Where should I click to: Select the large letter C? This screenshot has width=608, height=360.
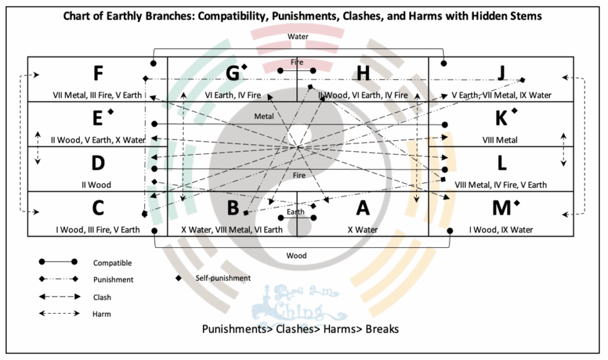tap(99, 208)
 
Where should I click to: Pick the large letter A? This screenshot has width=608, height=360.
tap(362, 208)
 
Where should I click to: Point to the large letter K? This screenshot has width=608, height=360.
tap(502, 118)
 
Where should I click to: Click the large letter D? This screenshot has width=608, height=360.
tap(99, 163)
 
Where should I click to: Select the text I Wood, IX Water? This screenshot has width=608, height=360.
tap(501, 230)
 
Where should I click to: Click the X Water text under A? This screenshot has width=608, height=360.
tap(362, 230)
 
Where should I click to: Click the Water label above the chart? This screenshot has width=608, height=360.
tap(297, 36)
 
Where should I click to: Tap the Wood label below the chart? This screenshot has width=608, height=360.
tap(297, 255)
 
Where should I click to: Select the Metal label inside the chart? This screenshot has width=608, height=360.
tap(264, 116)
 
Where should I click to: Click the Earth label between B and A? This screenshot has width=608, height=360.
tap(295, 211)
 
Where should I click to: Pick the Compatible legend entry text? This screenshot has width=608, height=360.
tap(112, 263)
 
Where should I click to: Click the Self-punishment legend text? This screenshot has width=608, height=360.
tap(223, 278)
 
